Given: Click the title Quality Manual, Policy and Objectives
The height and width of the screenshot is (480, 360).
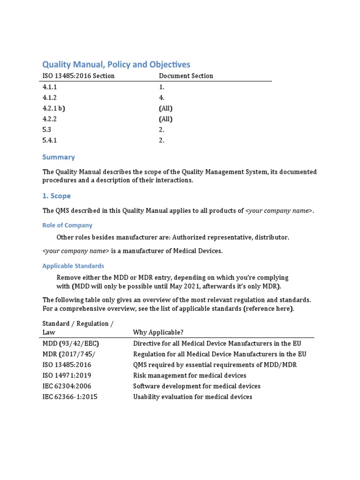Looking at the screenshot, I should (116, 64).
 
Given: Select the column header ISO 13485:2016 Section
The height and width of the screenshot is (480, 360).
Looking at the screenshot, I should (78, 76).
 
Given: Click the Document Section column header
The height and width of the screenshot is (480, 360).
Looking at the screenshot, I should (186, 76).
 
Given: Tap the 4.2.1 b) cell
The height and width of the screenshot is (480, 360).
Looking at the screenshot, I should (53, 108).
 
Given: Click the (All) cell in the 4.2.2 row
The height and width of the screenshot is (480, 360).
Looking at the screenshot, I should (165, 119).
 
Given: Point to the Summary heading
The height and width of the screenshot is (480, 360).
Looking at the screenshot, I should (59, 157).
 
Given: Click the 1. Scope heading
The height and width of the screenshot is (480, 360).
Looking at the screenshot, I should (57, 196).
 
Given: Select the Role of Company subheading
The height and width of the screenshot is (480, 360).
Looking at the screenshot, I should (67, 225).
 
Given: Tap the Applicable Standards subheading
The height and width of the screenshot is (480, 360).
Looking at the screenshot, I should (73, 266).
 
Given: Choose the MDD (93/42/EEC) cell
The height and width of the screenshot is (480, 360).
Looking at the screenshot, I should (71, 343).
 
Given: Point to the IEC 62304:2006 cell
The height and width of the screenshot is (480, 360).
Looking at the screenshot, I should (67, 386).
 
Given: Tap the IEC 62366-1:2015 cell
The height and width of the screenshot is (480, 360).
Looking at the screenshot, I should (70, 397).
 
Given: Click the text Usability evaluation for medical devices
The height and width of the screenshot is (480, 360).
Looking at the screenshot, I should (193, 397).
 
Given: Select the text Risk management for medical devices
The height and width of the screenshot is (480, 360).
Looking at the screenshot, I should (189, 375).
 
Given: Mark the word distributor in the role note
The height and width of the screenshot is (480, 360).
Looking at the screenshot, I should (271, 237).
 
